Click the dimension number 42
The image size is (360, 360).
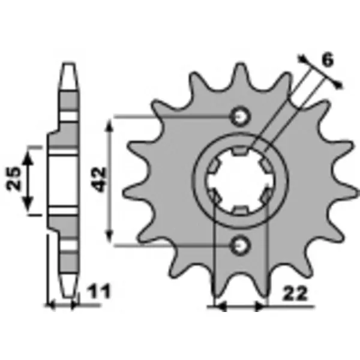100,179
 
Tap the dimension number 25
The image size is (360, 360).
14,178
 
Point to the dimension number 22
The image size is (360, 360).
295,293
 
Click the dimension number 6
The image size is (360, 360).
327,60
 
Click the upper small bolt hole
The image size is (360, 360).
240,117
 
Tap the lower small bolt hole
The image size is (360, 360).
240,246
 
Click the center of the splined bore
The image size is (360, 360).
240,181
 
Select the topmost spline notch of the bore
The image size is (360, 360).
240,151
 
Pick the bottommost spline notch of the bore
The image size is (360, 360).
240,211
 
